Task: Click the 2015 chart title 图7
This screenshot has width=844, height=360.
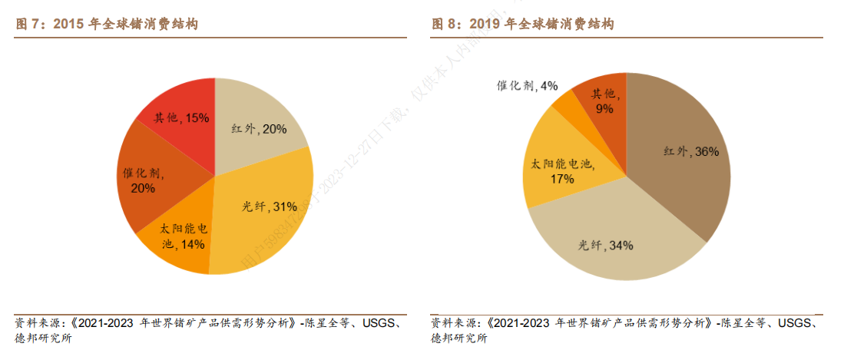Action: click(107, 25)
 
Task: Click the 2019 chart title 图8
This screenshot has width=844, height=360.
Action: click(521, 25)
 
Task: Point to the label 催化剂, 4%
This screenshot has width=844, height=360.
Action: click(527, 85)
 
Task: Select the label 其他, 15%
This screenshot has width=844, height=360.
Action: click(181, 117)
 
